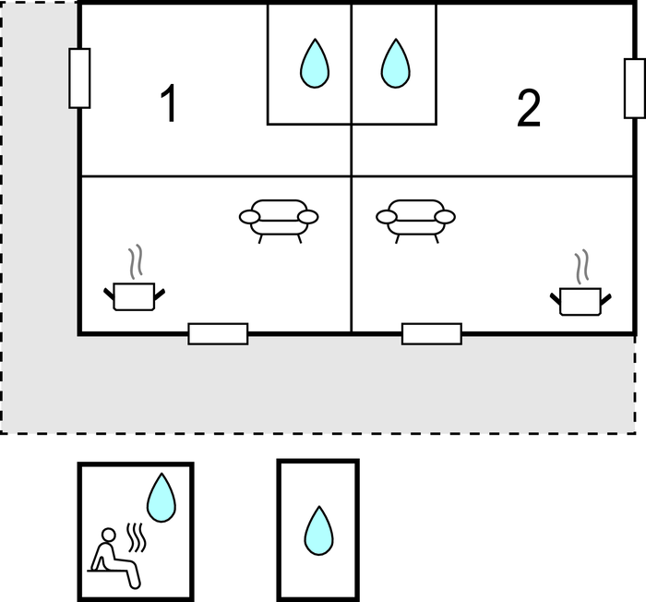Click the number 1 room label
(x=169, y=102)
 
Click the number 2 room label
(x=529, y=108)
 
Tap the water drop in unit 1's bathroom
(x=315, y=63)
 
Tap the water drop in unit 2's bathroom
(x=396, y=63)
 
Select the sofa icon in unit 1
(x=279, y=221)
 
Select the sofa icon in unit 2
(x=415, y=221)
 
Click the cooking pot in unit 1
(x=135, y=296)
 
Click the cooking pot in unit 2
(x=580, y=301)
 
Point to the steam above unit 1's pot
(x=136, y=261)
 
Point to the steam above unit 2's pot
(x=581, y=266)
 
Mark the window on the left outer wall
(x=79, y=78)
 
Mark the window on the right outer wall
(x=635, y=89)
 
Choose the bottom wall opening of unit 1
(x=219, y=334)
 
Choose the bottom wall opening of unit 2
(x=432, y=334)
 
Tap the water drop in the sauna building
(x=161, y=498)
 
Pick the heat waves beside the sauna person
(x=136, y=537)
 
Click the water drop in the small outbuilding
(x=319, y=531)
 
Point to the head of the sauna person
(x=108, y=535)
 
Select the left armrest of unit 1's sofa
(x=250, y=216)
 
